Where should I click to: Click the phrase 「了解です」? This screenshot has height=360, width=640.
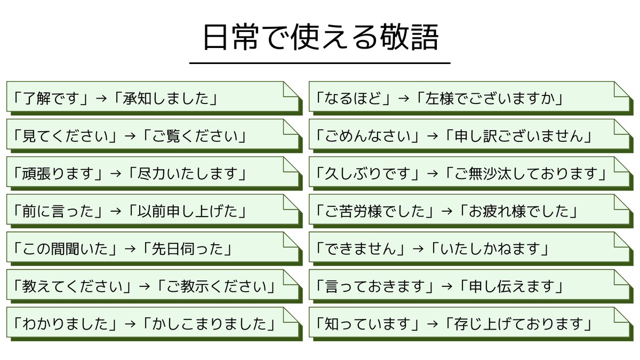(51, 99)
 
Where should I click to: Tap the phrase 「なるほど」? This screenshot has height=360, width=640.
(353, 99)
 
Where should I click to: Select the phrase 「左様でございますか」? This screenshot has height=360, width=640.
(490, 99)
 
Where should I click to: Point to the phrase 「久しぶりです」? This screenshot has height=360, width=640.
(367, 174)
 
